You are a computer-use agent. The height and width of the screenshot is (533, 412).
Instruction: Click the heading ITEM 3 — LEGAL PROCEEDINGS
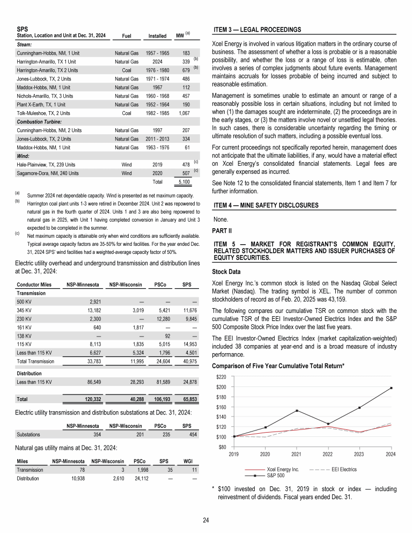click(257, 29)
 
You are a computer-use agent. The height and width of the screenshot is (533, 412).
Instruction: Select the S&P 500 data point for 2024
click(391, 388)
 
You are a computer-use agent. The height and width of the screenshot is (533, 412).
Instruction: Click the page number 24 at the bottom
click(206, 519)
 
